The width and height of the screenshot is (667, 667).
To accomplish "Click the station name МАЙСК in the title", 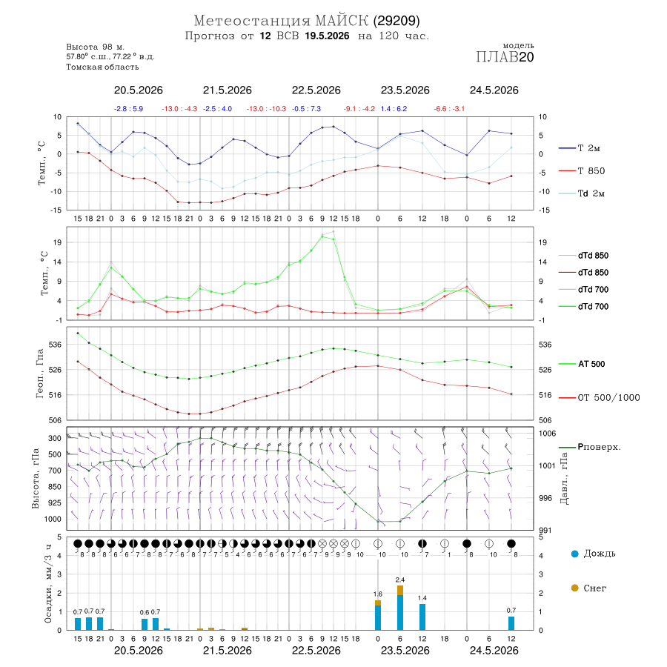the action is (x=342, y=21).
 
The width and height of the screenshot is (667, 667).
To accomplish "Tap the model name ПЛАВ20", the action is (x=505, y=57).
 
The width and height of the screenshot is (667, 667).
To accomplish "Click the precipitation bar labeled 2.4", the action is (x=400, y=608).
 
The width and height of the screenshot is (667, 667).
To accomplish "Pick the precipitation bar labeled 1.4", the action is (x=422, y=617).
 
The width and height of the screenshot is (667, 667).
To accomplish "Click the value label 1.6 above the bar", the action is (x=378, y=594).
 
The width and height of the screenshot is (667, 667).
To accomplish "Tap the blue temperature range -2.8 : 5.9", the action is (x=128, y=109).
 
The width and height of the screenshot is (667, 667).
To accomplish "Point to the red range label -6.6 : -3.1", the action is (x=449, y=109).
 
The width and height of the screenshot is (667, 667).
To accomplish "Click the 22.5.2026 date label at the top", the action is (x=316, y=90).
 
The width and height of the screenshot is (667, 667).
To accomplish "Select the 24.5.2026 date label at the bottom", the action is (x=494, y=651).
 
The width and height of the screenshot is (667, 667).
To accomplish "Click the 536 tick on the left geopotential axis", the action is (x=55, y=345).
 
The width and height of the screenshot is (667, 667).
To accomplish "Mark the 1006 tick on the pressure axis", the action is (x=547, y=434).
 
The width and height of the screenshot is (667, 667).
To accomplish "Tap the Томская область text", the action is (x=102, y=67).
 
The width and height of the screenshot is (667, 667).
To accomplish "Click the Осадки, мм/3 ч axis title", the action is (x=47, y=584).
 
